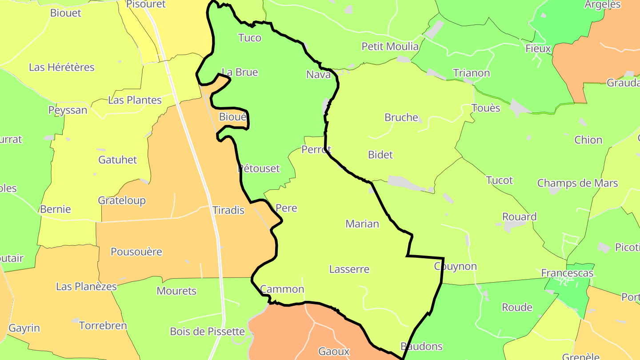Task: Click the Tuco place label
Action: pos(250,38)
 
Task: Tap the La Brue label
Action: pos(240,72)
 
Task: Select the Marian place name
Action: pos(362,224)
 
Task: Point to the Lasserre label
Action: pos(349,269)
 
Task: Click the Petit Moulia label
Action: pos(390,46)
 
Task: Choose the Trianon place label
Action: pos(471,73)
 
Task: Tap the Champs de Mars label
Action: pos(577,183)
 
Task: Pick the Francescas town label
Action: pos(567,273)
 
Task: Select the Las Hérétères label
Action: pos(62,67)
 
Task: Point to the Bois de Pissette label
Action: pos(207,332)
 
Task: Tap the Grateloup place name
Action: pos(122,200)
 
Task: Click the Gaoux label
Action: pos(334,352)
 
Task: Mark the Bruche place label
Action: pos(401,117)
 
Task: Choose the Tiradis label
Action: pos(228,210)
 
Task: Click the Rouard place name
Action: pos(519,217)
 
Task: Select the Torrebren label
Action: pos(103,326)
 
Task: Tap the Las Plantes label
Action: pos(135,100)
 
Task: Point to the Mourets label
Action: pos(176,291)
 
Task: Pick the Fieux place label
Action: pos(538,48)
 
